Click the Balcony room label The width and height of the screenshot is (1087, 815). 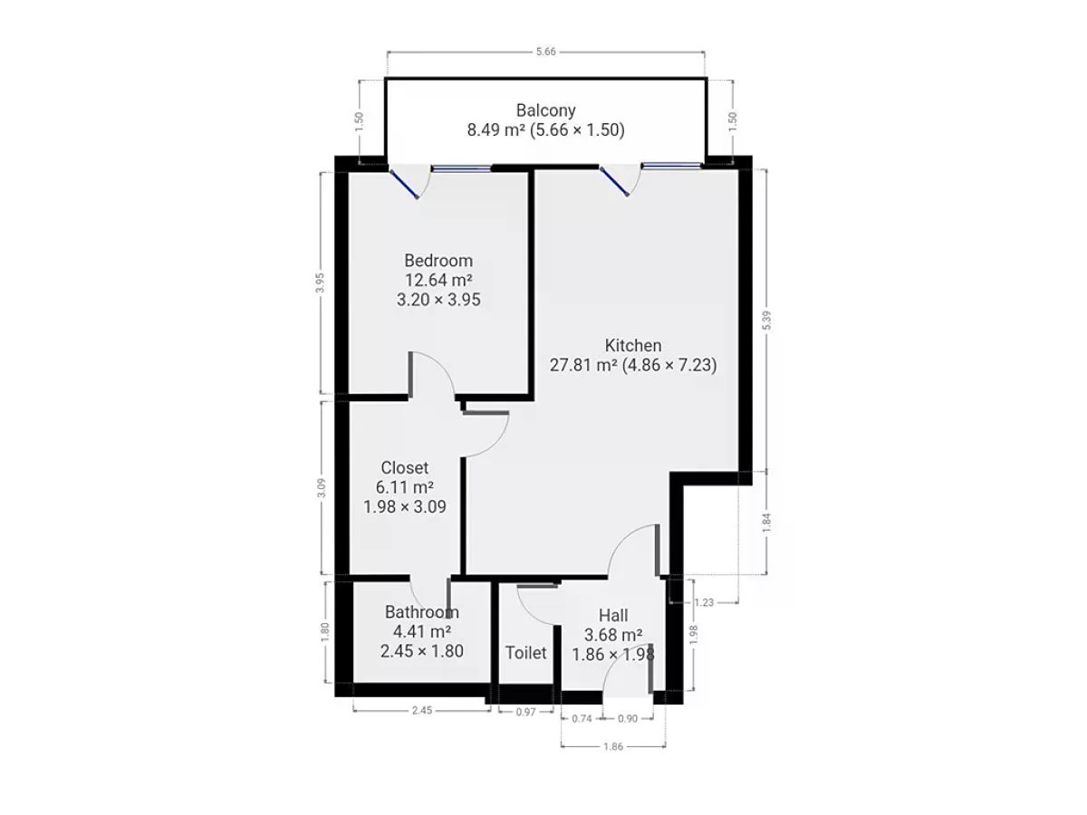(545, 110)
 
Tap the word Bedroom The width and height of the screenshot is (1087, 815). (438, 260)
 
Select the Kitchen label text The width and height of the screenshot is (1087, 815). (632, 345)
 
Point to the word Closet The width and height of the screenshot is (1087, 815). (404, 467)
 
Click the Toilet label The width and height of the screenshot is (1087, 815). (525, 653)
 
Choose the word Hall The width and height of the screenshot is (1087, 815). (613, 615)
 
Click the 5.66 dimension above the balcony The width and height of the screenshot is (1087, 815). (545, 52)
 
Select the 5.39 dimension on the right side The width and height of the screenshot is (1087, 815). (766, 321)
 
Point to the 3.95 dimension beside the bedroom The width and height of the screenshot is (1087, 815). (320, 283)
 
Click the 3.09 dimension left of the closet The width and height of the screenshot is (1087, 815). (322, 488)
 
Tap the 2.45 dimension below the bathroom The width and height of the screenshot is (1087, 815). (422, 710)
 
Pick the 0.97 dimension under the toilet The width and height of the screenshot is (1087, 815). (525, 712)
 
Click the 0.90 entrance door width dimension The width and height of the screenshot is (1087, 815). (628, 718)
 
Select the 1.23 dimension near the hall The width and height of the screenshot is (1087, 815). (704, 602)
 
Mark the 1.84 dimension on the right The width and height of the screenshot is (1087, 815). (766, 523)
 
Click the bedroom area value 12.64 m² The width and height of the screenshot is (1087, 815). (438, 280)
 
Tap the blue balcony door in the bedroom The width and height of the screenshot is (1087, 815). (404, 184)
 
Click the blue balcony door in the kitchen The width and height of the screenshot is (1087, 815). (614, 182)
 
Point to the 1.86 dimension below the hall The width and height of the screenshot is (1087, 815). (613, 746)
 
